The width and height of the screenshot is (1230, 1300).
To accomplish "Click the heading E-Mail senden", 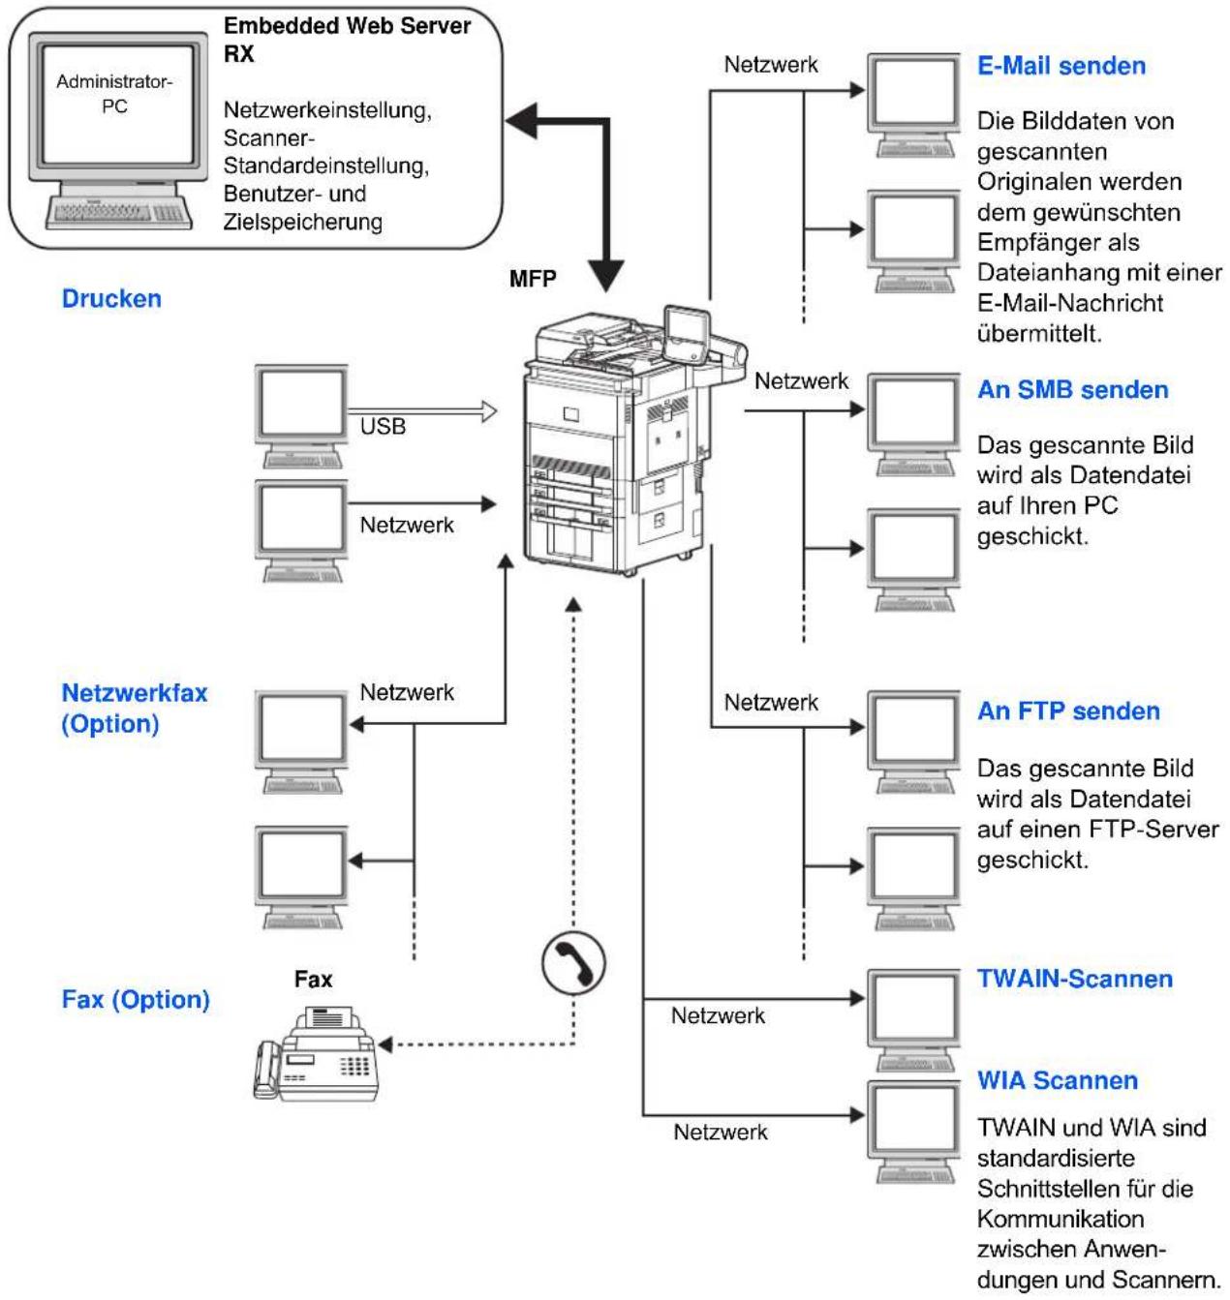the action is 1061,66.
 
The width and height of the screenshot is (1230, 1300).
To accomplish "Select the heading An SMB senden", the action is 1072,389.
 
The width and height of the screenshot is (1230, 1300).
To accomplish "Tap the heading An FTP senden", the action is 1068,710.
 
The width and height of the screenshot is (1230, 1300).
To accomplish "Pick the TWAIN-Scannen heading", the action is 1074,979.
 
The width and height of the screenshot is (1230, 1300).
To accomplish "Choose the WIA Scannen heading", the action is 1058,1080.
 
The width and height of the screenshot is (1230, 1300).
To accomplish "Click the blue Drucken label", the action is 111,299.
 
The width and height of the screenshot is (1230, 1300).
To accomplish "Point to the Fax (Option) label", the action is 136,1000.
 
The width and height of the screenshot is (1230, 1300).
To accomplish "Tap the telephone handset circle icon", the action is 573,963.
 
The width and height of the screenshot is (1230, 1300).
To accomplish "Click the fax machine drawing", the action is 316,1053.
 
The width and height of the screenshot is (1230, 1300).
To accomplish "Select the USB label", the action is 383,427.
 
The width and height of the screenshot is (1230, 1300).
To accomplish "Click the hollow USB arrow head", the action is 489,411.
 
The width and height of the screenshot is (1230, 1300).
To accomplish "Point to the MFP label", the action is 532,279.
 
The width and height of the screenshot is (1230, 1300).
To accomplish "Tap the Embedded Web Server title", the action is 347,39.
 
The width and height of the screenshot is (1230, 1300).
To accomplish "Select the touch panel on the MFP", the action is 687,335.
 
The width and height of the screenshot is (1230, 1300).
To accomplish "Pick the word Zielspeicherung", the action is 302,223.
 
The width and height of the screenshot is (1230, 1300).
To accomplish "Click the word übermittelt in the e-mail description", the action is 1039,333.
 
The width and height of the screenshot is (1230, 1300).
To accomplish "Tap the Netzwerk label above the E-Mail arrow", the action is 771,65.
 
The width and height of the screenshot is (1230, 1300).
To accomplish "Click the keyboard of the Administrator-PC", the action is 119,213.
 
